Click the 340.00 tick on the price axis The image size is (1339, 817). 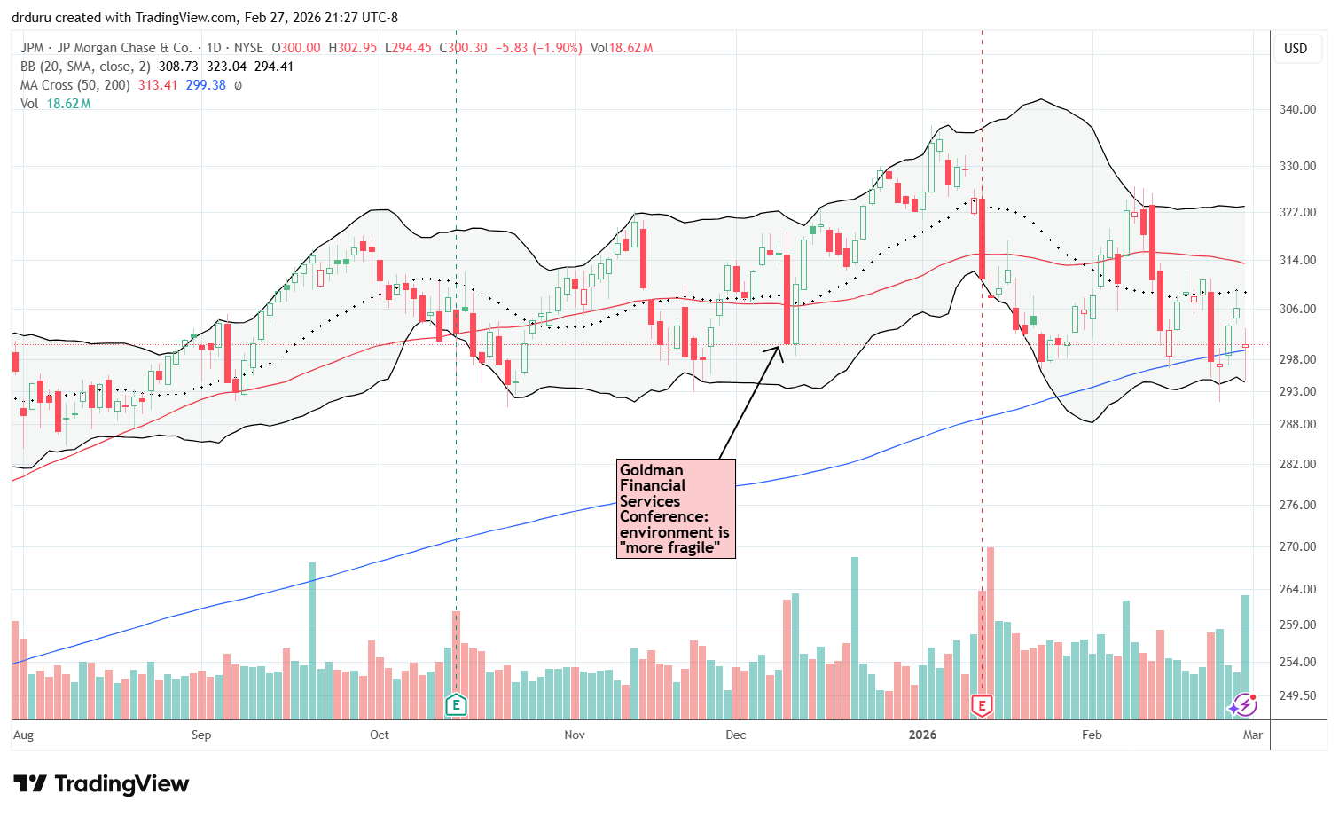tap(1296, 109)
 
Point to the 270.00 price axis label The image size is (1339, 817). tap(1296, 546)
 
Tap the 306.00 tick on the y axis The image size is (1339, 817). tap(1296, 309)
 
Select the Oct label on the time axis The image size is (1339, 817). tap(380, 735)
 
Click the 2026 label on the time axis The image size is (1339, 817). tap(922, 735)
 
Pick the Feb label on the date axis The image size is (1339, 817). tap(1092, 735)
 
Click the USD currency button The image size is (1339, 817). tap(1296, 49)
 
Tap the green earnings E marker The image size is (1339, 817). tap(456, 705)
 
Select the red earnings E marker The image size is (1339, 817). tap(982, 705)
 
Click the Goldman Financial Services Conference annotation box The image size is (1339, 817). tap(676, 508)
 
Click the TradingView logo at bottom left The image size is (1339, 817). tap(101, 784)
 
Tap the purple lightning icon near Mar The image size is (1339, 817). tap(1242, 705)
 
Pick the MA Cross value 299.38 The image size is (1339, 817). tap(206, 85)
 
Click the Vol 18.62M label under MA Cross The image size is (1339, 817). tap(56, 104)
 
